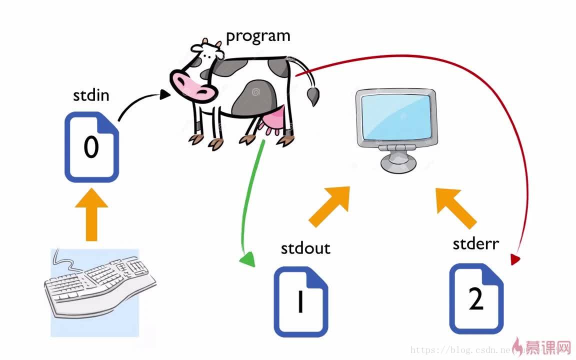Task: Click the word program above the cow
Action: pyautogui.click(x=258, y=36)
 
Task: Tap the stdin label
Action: pyautogui.click(x=91, y=95)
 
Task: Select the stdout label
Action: pyautogui.click(x=305, y=248)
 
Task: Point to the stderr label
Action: pyautogui.click(x=475, y=243)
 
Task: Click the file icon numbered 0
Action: pyautogui.click(x=92, y=148)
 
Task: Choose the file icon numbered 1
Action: pyautogui.click(x=301, y=302)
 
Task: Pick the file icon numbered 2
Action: pyautogui.click(x=476, y=299)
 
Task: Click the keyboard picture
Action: pyautogui.click(x=95, y=290)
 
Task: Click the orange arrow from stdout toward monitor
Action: pyautogui.click(x=329, y=206)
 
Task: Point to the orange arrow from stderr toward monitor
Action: pyautogui.click(x=455, y=207)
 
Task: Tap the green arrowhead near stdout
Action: pyautogui.click(x=247, y=260)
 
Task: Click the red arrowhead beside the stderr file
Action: pyautogui.click(x=515, y=259)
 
